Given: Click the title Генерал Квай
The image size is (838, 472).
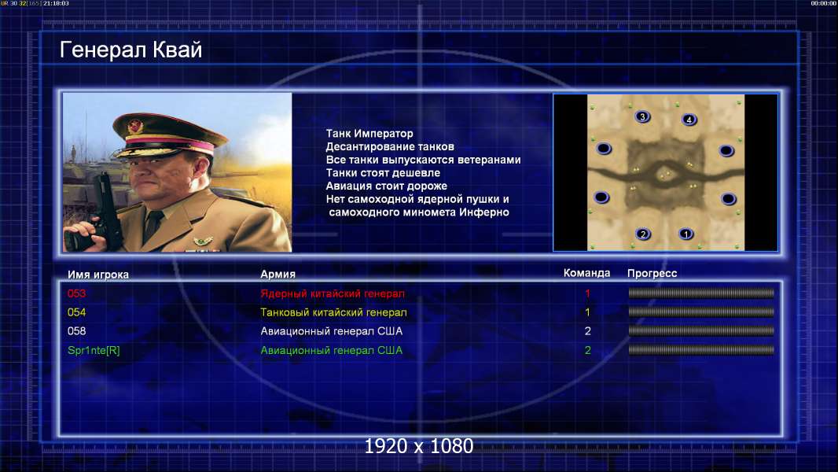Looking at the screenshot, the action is [x=130, y=50].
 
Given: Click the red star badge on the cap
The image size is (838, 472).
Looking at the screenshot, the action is [x=135, y=127].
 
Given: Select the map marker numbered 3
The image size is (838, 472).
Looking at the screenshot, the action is [x=642, y=116].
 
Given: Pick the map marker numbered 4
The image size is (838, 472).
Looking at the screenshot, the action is [x=689, y=120].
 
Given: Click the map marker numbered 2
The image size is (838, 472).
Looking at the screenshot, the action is [x=643, y=234].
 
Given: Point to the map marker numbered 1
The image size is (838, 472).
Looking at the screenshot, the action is [x=686, y=234].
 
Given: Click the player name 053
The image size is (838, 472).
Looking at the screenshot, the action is [x=76, y=293].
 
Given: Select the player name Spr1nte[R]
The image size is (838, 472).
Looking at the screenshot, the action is [x=94, y=351].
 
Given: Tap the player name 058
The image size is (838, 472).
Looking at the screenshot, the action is [x=76, y=331].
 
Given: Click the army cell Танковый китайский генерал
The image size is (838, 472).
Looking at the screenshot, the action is [x=333, y=312].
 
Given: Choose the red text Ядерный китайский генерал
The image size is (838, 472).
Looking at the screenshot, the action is [x=333, y=293].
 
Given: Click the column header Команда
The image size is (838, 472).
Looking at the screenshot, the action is [x=586, y=273].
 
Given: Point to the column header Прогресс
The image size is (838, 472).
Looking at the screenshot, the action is [x=652, y=274].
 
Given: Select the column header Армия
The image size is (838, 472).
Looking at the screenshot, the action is [x=278, y=275].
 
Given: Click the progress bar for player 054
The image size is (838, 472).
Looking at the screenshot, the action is [x=701, y=312].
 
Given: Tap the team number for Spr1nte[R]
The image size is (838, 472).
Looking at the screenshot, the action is [x=588, y=351].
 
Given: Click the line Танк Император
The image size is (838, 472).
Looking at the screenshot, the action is [x=369, y=134].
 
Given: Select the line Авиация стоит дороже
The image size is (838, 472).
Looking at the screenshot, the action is [x=387, y=186].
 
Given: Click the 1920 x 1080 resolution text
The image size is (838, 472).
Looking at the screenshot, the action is [x=419, y=446].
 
